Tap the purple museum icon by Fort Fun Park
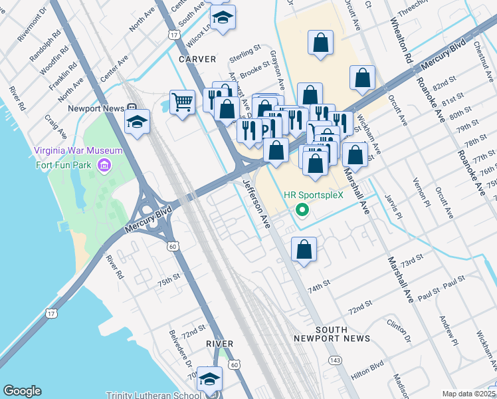click(x=104, y=164)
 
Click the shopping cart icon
click(x=182, y=102)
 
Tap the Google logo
click(x=23, y=391)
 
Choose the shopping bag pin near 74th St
click(x=304, y=249)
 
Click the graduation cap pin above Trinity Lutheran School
click(x=210, y=378)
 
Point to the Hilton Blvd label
click(x=367, y=370)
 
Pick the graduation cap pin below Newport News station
click(x=138, y=122)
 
